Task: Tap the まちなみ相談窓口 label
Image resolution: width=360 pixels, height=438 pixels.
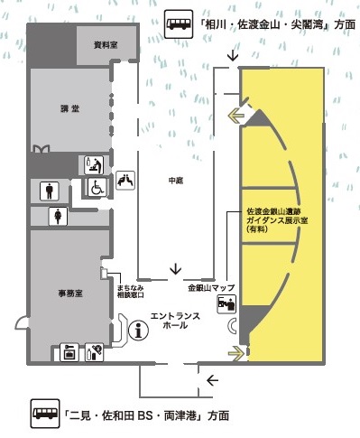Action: (129, 291)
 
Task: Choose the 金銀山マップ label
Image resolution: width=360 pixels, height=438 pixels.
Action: (211, 288)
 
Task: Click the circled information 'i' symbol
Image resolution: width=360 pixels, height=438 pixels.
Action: (139, 331)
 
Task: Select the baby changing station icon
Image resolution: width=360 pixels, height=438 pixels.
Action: (93, 164)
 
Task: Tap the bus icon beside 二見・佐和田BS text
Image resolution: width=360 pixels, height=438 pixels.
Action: (45, 415)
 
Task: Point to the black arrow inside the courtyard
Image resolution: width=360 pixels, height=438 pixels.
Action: (176, 267)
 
